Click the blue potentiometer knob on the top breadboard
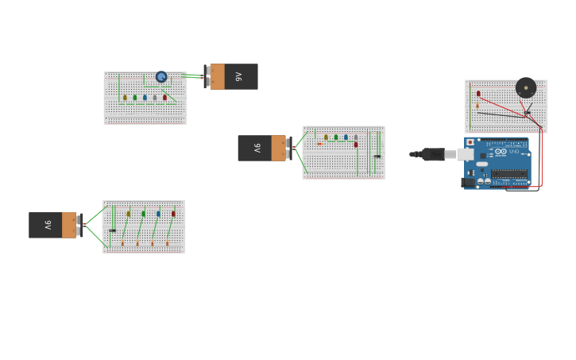161,77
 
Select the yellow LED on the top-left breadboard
125,98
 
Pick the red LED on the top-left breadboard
165,98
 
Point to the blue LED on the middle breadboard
346,137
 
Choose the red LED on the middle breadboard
356,145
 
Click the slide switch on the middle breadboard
377,156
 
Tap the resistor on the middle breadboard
319,144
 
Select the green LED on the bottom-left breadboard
144,213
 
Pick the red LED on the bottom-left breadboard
173,213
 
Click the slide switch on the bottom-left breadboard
113,230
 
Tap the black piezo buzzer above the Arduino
525,87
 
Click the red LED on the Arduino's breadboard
478,94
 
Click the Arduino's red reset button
470,142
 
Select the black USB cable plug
433,154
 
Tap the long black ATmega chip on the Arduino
508,173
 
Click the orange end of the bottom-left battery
69,225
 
